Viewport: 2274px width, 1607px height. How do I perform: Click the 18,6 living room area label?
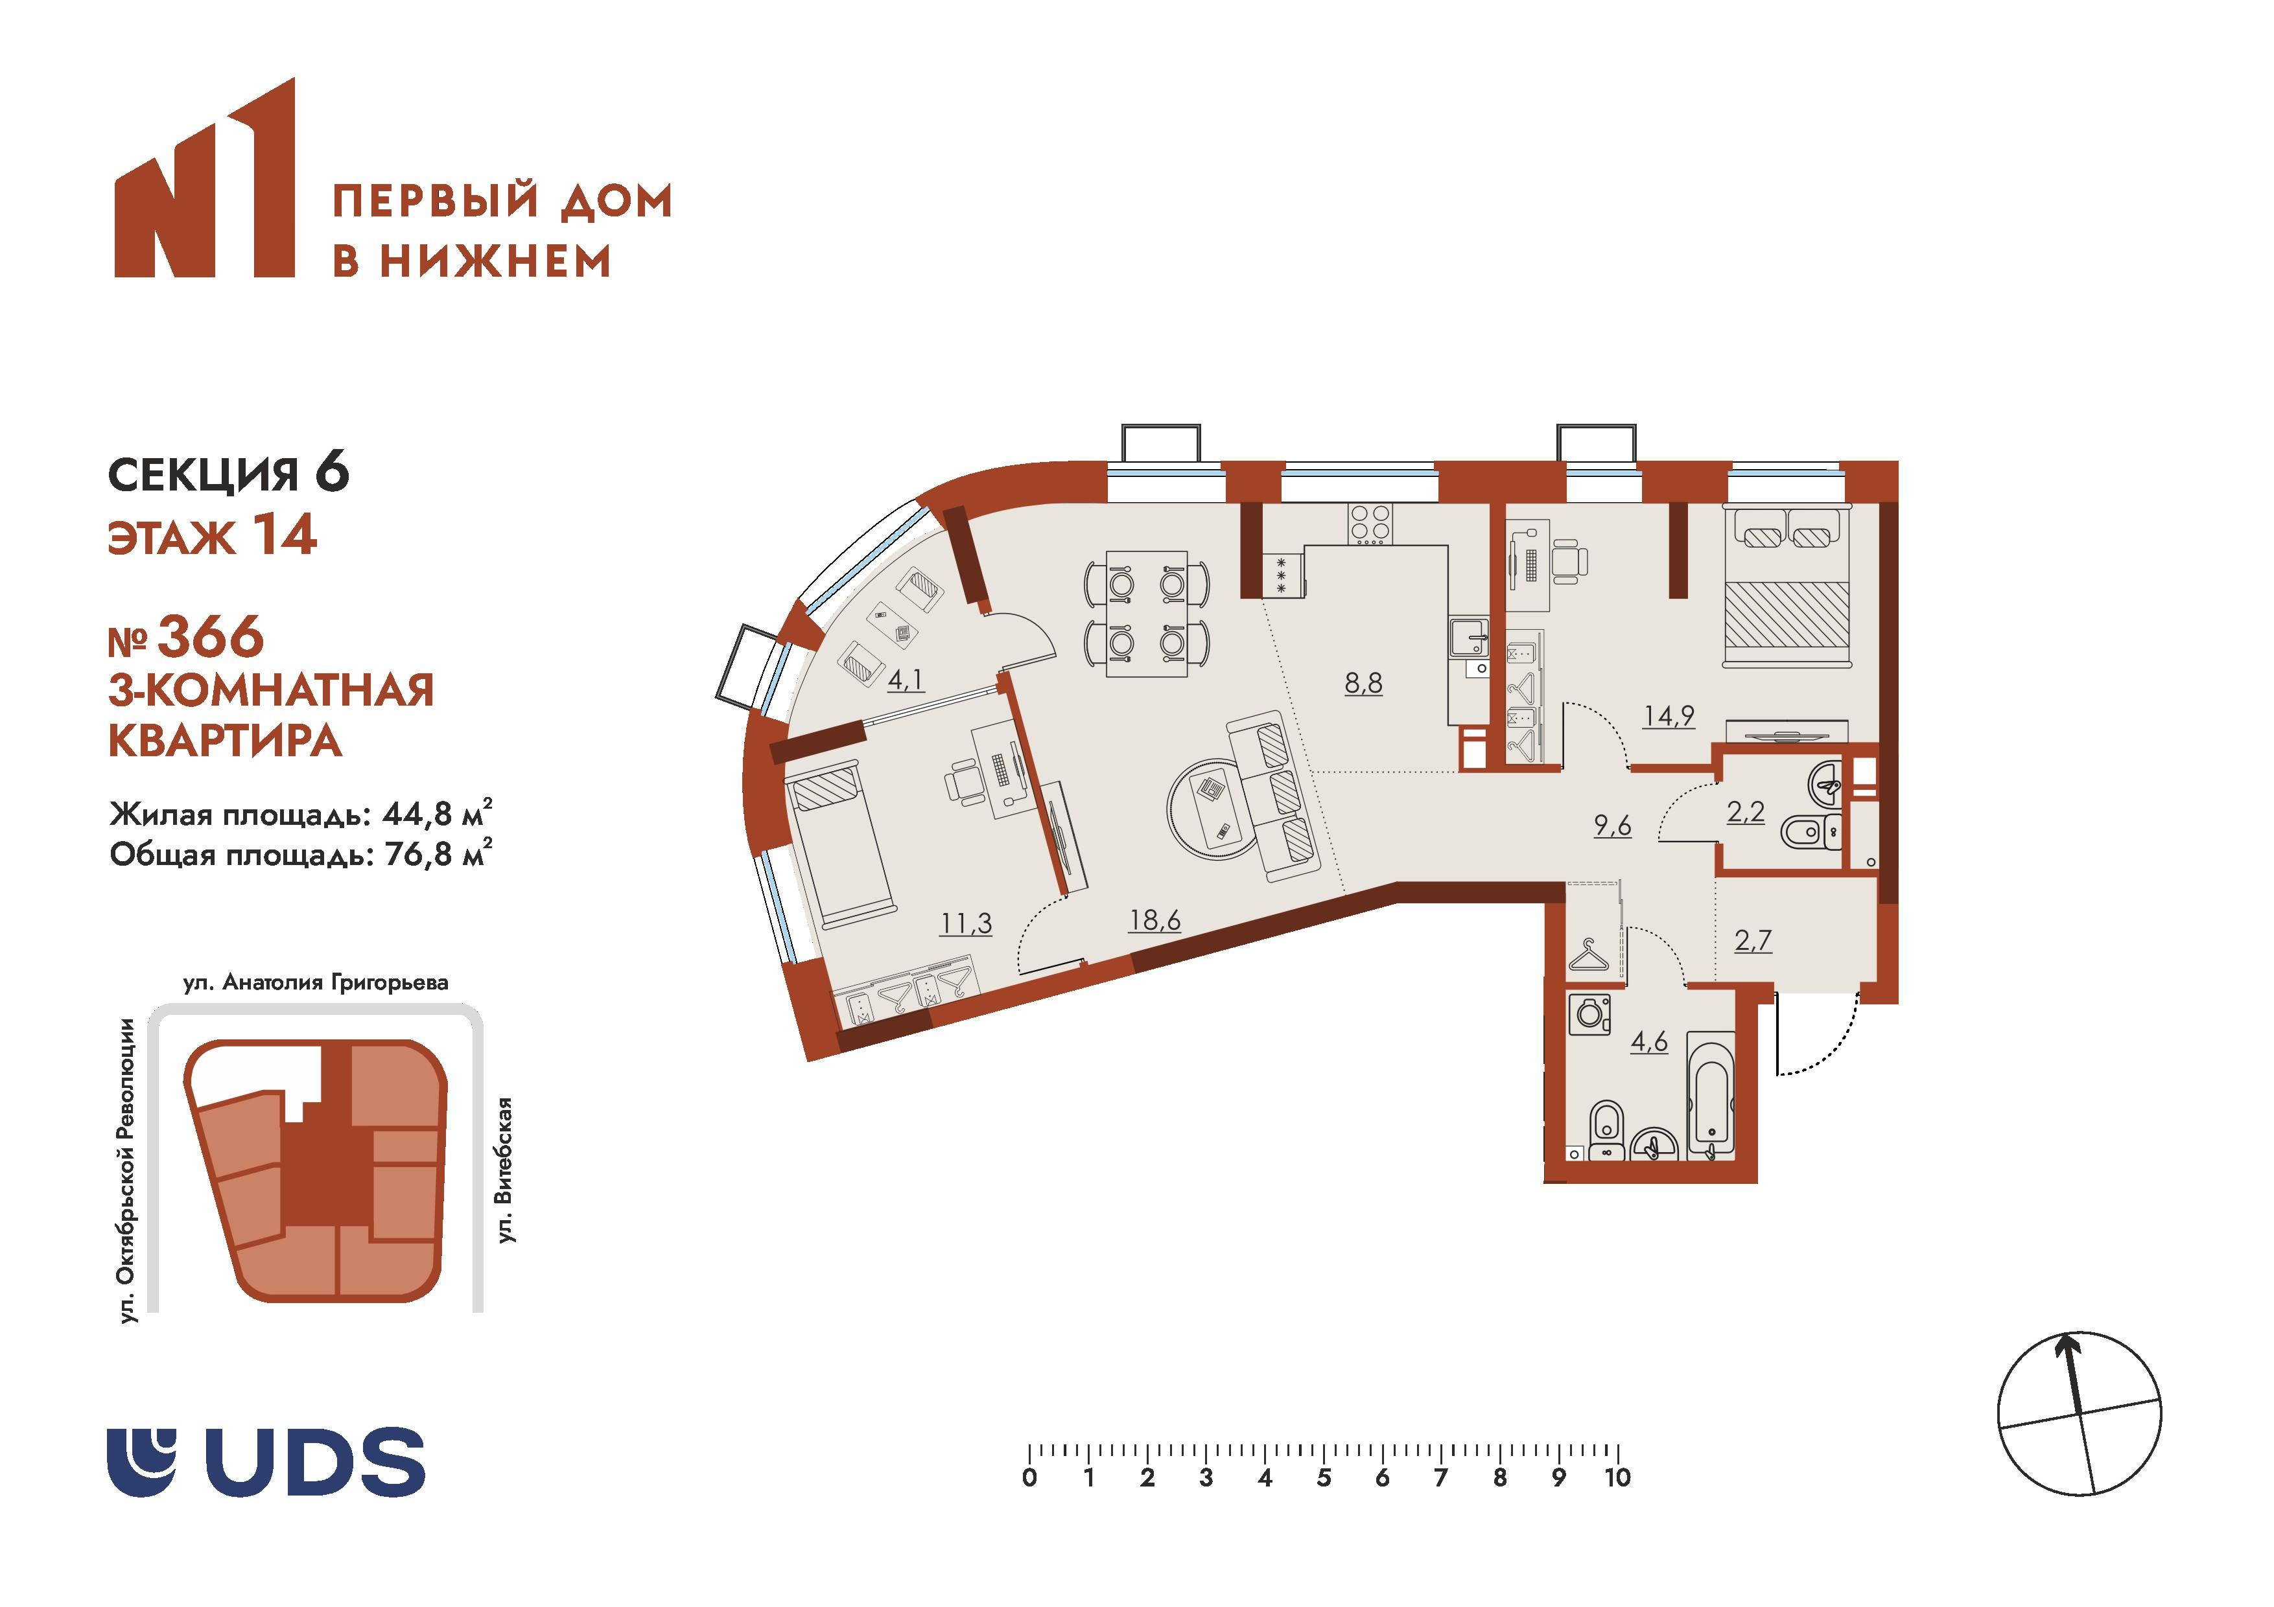[x=1155, y=920]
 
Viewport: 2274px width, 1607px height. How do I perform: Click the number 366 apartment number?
[x=211, y=637]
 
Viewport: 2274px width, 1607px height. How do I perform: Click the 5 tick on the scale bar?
[x=1323, y=1477]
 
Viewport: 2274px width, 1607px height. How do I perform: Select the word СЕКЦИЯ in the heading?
[x=203, y=474]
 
